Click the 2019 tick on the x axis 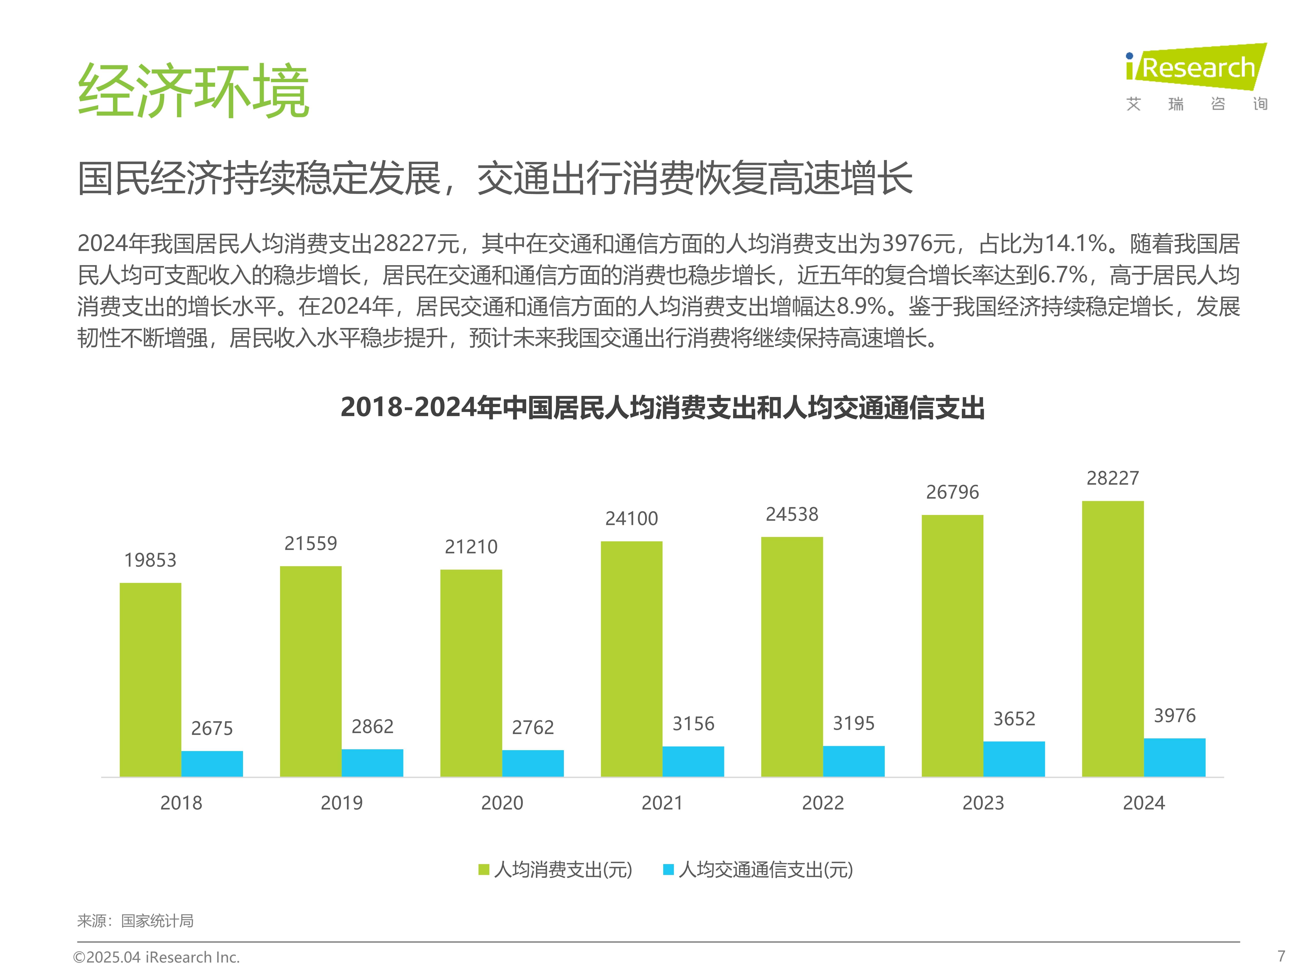[341, 803]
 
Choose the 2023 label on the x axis [983, 803]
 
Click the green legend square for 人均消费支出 [484, 870]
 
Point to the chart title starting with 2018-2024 [662, 408]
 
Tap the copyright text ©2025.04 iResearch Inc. [157, 957]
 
